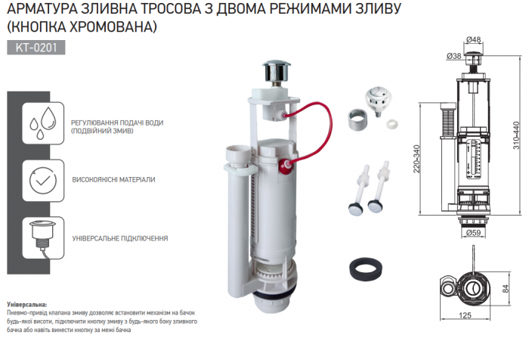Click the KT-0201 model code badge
point(36,48)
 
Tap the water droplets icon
point(43,123)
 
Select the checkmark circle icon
point(43,181)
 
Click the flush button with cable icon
point(43,238)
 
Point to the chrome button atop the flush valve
point(277,71)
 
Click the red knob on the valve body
point(286,166)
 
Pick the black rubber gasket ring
point(365,269)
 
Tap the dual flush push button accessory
point(378,100)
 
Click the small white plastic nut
point(392,123)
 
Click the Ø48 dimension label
point(474,39)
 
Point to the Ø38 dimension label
point(453,56)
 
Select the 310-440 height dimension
point(516,135)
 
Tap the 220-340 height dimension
point(416,159)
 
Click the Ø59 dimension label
point(473,233)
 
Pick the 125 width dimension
point(465,315)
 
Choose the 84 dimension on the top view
point(506,288)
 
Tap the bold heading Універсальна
point(27,305)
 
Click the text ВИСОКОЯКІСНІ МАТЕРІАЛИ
point(113,180)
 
